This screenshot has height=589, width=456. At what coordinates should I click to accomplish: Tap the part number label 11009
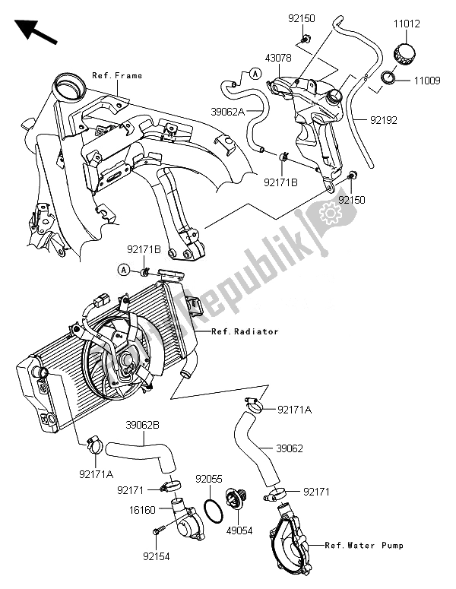426,79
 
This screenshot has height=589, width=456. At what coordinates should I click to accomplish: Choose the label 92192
384,119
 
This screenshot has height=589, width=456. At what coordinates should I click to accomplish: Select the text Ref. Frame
117,76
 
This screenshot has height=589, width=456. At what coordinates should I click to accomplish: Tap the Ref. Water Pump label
363,546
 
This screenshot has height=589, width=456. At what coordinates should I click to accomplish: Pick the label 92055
208,480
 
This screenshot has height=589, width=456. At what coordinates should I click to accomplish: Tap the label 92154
156,557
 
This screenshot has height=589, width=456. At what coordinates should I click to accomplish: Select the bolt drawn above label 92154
158,530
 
